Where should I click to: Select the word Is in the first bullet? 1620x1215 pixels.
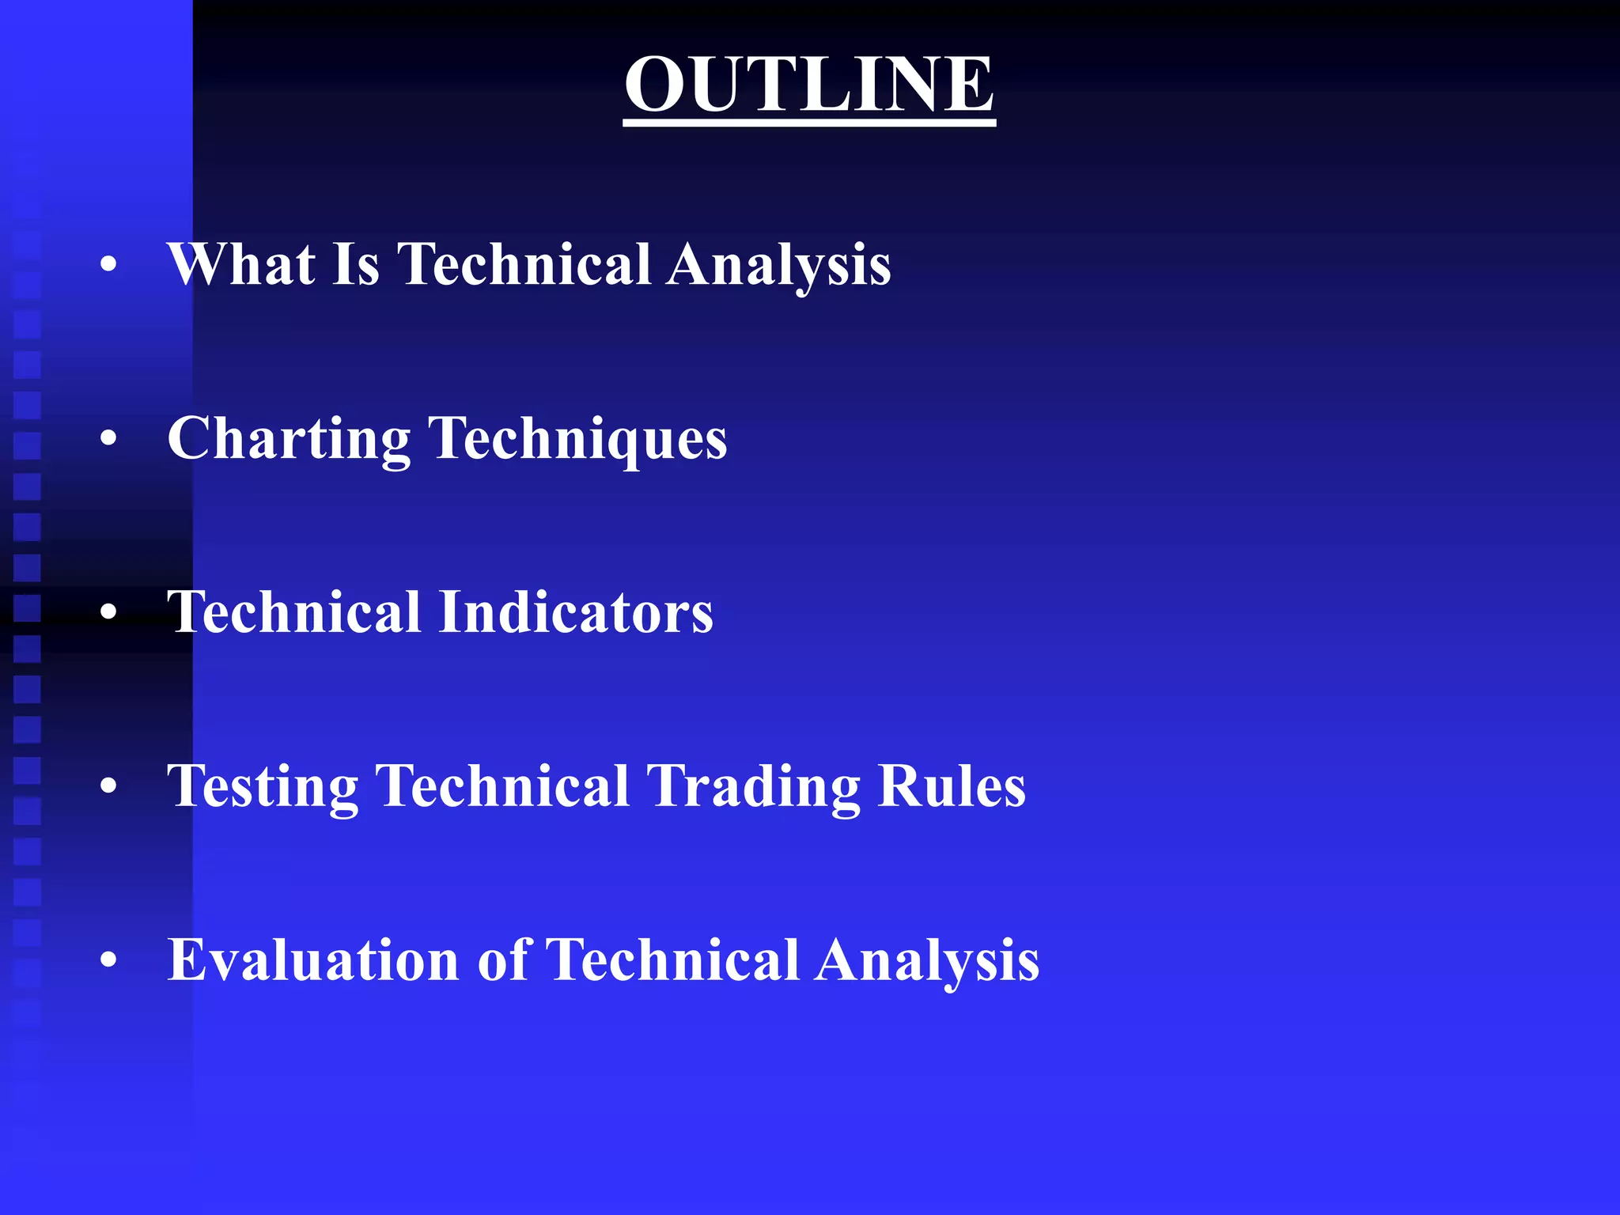click(356, 264)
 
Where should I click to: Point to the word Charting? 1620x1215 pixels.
click(289, 440)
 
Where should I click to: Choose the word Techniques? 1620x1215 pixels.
click(577, 440)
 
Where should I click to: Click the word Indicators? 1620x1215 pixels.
click(576, 612)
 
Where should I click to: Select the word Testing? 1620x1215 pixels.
click(263, 788)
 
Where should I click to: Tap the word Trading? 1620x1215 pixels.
click(753, 788)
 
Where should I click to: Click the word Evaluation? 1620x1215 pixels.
click(313, 960)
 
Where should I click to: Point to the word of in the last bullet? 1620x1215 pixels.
click(503, 960)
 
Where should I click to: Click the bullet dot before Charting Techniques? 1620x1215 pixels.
click(109, 439)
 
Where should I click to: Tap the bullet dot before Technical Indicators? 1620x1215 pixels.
click(109, 612)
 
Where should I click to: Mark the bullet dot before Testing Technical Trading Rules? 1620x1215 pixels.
click(109, 786)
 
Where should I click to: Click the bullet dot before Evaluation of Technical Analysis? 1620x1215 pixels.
click(109, 960)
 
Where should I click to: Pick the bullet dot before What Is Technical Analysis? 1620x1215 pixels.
click(109, 264)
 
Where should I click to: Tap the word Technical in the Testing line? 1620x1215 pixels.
click(502, 786)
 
